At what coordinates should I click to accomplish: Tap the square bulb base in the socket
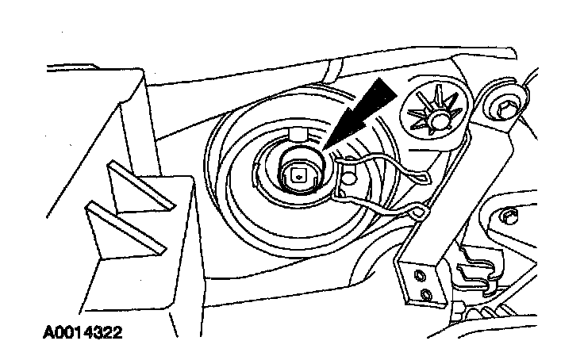pos(298,175)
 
